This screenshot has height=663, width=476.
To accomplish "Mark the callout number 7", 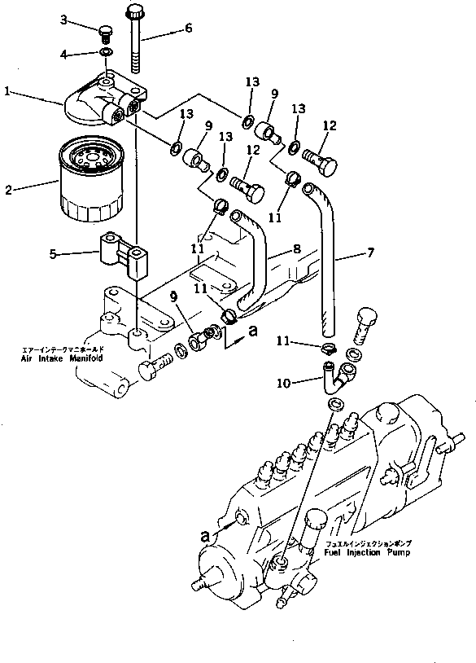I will tap(370, 253).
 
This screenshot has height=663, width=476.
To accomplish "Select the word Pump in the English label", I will tap(396, 552).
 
